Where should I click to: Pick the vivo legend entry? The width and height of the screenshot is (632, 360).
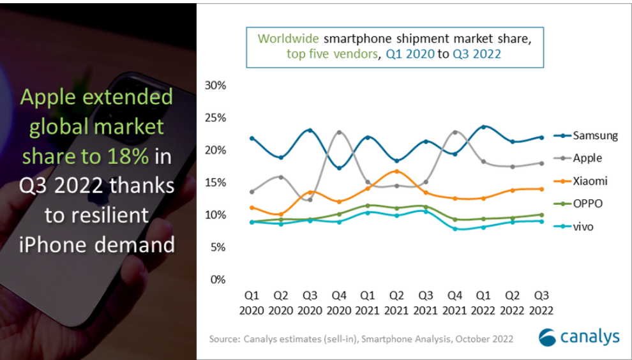pos(583,227)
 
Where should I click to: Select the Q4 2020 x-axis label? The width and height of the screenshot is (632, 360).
pos(339,303)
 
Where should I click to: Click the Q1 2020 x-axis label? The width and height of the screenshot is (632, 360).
pos(252,303)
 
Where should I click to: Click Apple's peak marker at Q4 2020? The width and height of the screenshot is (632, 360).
pos(339,133)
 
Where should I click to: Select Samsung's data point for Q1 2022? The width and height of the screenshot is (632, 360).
pos(484,127)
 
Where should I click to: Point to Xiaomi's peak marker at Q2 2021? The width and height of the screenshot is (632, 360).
pos(397,171)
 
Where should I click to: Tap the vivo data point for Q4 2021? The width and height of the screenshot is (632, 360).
pos(455,229)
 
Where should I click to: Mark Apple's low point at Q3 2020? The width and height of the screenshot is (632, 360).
pos(310,200)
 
